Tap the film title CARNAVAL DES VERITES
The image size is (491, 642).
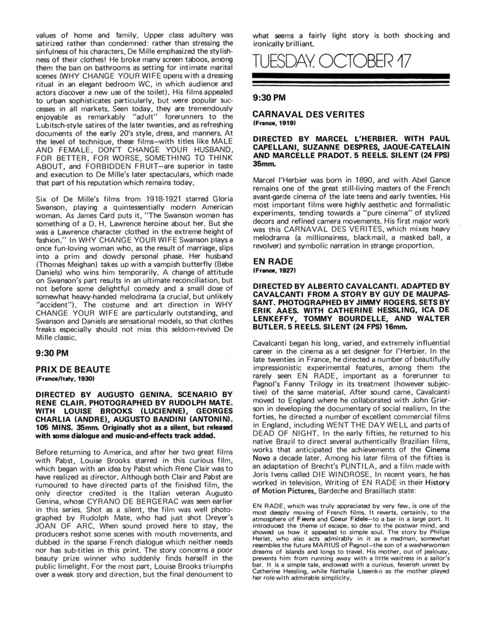tap(308, 114)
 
